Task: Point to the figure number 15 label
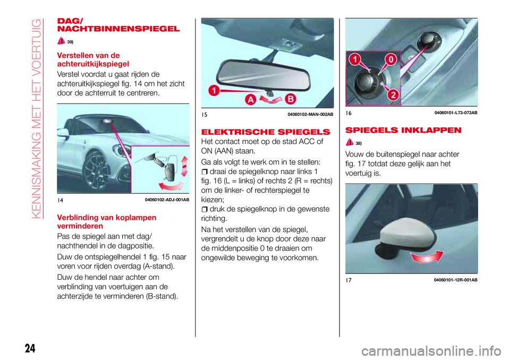tap(205, 114)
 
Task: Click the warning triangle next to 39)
tap(62, 40)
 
